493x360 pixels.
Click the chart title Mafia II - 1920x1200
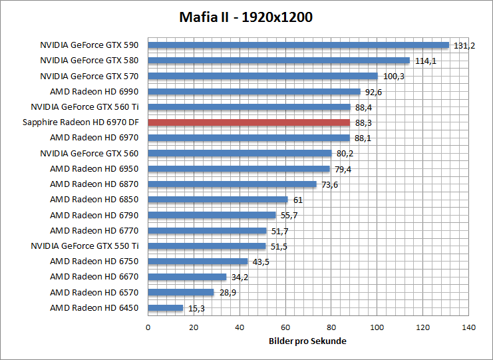[246, 17]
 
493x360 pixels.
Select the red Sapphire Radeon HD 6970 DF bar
[249, 122]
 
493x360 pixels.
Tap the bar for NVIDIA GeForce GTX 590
[299, 45]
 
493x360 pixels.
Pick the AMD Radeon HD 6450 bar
[166, 308]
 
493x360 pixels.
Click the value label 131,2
[464, 46]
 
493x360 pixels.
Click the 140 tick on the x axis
[469, 327]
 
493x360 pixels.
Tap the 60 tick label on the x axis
[285, 327]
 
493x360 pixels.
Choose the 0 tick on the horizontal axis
[148, 327]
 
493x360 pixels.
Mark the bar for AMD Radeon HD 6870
[232, 184]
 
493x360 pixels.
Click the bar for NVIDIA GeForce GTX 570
[263, 76]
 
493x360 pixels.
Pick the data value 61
[297, 200]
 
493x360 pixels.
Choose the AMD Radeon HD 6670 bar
[187, 277]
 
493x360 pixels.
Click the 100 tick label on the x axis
[377, 327]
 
